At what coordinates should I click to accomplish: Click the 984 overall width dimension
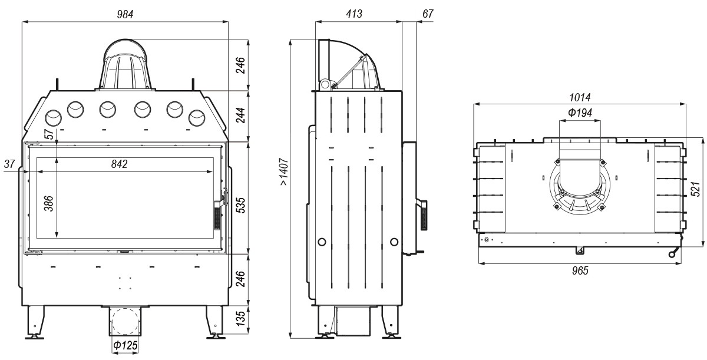tap(125, 15)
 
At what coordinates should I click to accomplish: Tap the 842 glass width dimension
tap(119, 164)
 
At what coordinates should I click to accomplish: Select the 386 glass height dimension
tap(49, 203)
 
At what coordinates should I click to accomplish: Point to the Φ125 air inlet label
tap(125, 345)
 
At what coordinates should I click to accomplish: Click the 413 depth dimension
tap(354, 14)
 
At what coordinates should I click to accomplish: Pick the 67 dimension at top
tap(428, 14)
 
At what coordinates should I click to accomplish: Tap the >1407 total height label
tap(284, 171)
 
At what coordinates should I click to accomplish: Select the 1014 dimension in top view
tap(580, 97)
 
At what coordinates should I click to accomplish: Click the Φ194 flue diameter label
tap(580, 113)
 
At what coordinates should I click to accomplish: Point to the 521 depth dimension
tap(695, 189)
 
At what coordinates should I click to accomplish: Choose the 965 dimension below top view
tap(580, 270)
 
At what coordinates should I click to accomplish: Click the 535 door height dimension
tap(240, 205)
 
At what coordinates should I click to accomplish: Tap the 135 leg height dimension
tap(240, 318)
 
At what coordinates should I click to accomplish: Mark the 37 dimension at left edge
tap(9, 164)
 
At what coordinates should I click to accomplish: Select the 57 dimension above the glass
tap(49, 134)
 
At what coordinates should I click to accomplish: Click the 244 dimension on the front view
tap(240, 115)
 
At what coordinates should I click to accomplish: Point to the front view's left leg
tap(34, 322)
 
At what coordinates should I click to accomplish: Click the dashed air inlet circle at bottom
tap(125, 321)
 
